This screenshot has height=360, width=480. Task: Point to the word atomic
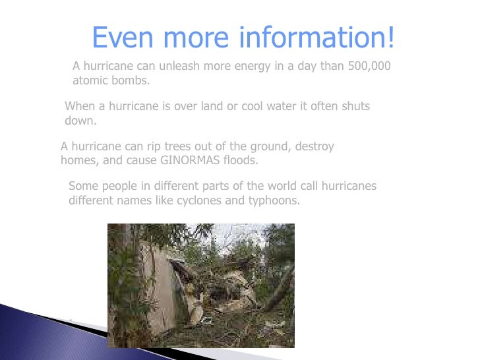(x=90, y=81)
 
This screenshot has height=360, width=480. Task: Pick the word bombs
(x=130, y=81)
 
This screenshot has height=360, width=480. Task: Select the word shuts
(x=355, y=106)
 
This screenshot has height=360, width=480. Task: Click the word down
(x=80, y=121)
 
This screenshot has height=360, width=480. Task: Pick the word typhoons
(x=274, y=200)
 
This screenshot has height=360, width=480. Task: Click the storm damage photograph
(x=200, y=285)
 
